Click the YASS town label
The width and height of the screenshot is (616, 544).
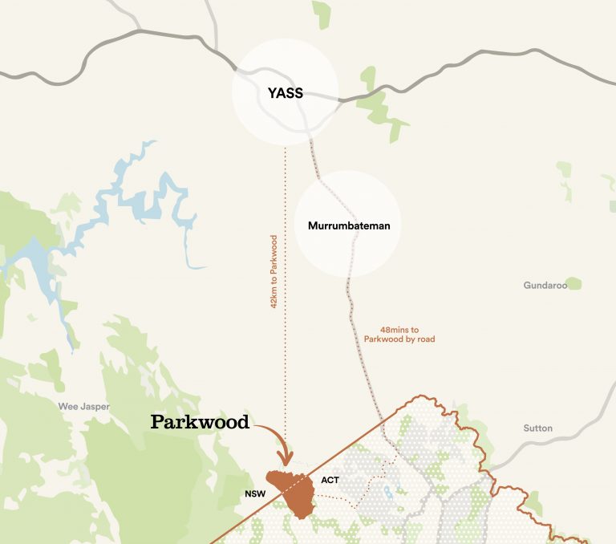286,93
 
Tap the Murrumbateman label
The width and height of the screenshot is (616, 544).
349,225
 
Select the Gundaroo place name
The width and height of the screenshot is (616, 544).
544,286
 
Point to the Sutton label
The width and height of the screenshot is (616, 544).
537,428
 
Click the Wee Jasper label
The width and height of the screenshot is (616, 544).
83,407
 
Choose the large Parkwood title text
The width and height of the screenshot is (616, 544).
200,422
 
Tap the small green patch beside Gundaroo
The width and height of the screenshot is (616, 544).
573,284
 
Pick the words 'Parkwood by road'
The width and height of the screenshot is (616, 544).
399,339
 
